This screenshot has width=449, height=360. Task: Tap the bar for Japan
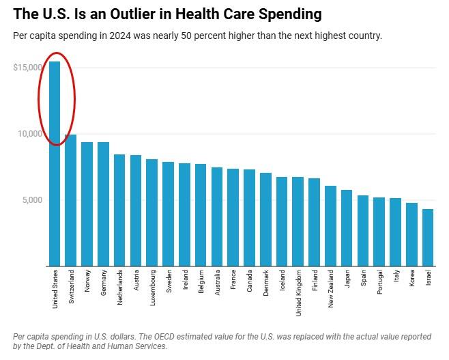coord(347,228)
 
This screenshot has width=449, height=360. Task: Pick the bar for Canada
coord(249,218)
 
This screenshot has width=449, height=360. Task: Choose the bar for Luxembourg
coord(152,212)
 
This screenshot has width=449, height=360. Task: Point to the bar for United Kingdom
coord(298,221)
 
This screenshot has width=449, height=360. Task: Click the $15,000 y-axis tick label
coord(27,68)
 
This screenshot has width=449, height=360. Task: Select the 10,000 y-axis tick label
coord(30,134)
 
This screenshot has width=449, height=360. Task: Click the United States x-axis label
coord(55,289)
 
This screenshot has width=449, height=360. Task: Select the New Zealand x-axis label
coord(331,289)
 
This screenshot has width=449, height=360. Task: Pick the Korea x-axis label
coord(412,280)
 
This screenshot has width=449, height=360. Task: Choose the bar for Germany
coord(104,204)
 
